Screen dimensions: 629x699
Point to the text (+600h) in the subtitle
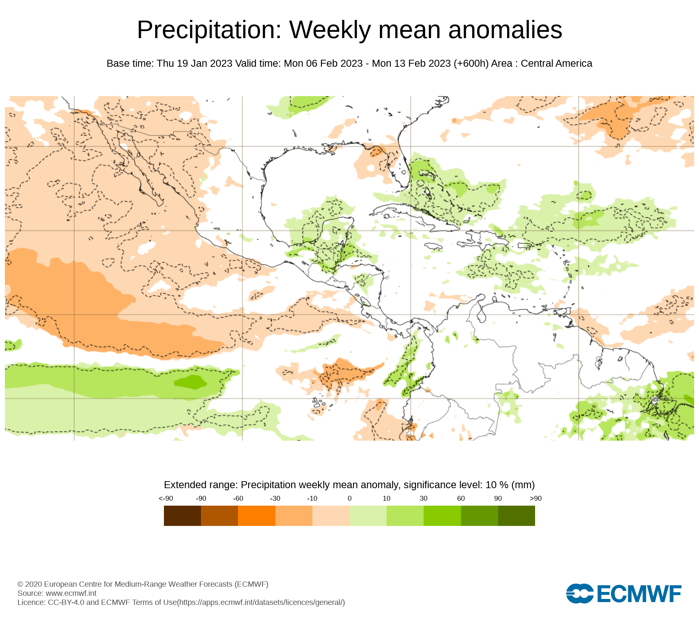[471, 64]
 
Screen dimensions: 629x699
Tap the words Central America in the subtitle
[556, 64]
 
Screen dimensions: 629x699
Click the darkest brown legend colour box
[182, 516]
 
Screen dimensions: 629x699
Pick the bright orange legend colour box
[257, 516]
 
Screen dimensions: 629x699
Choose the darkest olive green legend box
[516, 516]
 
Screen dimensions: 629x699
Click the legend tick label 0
[349, 499]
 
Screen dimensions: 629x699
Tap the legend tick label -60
[238, 499]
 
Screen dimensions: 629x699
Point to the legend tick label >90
[535, 499]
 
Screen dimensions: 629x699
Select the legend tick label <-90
[166, 499]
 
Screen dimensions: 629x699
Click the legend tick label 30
[424, 499]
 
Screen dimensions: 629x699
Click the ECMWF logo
[624, 593]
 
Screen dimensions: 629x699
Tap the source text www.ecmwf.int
[71, 593]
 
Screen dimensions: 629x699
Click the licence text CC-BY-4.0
[66, 602]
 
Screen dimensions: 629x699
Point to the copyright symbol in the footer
[20, 584]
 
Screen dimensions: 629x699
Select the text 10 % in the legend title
[497, 485]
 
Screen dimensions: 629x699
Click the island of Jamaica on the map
[433, 246]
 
